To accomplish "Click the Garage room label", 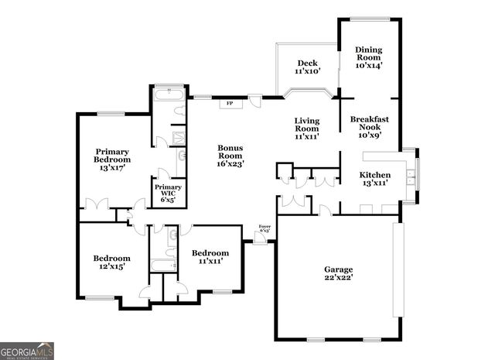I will click(x=338, y=274).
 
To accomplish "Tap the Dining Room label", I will click(x=369, y=58).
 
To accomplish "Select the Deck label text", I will click(x=307, y=67).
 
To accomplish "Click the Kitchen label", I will click(x=374, y=180).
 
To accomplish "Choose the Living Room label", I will click(x=306, y=128).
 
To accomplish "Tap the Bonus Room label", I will click(x=230, y=156).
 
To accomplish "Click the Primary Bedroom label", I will click(x=111, y=159).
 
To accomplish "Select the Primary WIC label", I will click(x=168, y=194).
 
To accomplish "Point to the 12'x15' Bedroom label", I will click(x=111, y=262).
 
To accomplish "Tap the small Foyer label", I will click(x=265, y=228).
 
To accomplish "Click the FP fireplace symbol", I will click(x=230, y=103).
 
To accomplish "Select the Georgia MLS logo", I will click(x=27, y=351).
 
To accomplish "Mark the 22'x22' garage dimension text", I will click(x=338, y=279).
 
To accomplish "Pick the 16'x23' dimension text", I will click(x=230, y=164).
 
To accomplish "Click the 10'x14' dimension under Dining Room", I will click(x=369, y=67).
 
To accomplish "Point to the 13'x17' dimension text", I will click(x=111, y=167).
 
